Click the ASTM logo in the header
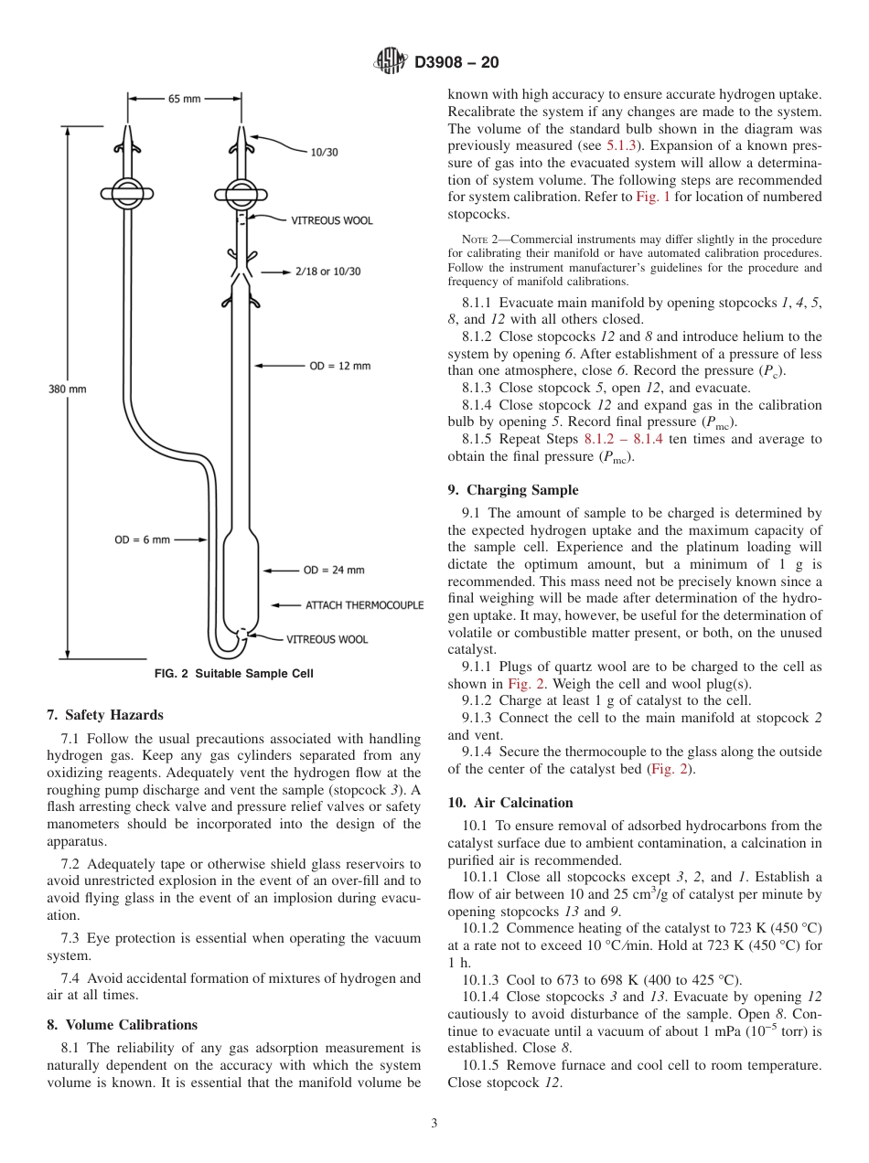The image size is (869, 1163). click(390, 62)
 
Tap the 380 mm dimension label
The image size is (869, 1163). click(67, 389)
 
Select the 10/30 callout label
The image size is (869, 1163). click(324, 152)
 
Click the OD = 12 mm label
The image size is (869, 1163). click(339, 366)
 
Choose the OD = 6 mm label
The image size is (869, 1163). click(142, 539)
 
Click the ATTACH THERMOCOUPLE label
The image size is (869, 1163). click(364, 605)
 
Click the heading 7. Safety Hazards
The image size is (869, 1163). click(104, 715)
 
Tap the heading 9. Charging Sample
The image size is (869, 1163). click(513, 490)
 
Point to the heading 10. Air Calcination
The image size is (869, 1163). click(510, 803)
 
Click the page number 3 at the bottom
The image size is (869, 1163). click(434, 1124)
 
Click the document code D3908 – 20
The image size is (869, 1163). click(456, 63)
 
